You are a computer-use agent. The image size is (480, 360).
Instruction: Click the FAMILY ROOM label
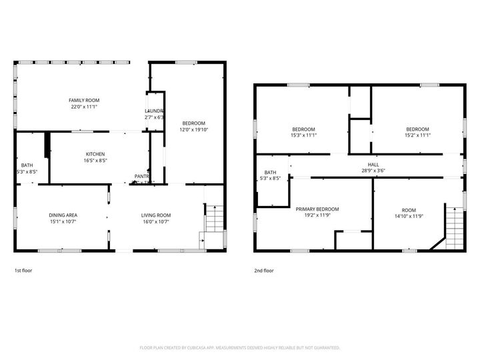tap(84, 100)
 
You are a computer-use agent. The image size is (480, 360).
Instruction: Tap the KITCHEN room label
tap(94, 153)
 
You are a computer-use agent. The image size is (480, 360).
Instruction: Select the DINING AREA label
tap(63, 215)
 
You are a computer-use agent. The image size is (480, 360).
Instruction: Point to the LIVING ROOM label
tap(155, 215)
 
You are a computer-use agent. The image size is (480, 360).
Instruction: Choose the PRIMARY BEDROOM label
tap(317, 209)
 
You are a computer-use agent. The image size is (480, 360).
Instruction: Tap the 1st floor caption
tap(23, 271)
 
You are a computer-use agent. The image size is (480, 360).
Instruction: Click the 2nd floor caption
tap(263, 271)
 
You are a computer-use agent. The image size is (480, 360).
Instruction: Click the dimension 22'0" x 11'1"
tap(84, 107)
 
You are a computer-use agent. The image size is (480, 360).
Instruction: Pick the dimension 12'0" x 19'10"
tap(193, 129)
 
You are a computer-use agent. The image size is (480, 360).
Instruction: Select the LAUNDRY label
tap(154, 111)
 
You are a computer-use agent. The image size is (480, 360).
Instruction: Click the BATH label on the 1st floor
tap(27, 165)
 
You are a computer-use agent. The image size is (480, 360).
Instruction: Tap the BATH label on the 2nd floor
tap(270, 172)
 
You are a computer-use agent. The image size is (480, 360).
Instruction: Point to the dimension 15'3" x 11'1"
tap(303, 135)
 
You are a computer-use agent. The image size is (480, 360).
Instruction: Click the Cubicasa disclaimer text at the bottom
tap(240, 347)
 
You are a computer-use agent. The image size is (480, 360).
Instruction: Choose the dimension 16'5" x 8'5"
tap(94, 160)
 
